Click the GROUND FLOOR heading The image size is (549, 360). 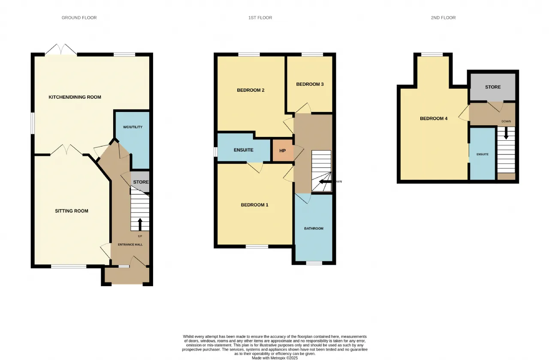(79, 18)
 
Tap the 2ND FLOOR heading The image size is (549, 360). (443, 18)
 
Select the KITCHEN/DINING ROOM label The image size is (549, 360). (75, 97)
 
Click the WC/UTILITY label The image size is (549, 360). (133, 127)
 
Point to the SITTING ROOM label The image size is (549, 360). (72, 211)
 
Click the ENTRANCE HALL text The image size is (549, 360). (130, 245)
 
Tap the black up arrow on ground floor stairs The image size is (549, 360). (140, 224)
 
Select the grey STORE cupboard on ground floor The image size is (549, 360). (140, 182)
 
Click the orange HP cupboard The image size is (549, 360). (283, 150)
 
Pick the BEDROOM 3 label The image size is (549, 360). (310, 85)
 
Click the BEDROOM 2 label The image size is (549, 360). (250, 90)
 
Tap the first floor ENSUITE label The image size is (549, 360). (243, 150)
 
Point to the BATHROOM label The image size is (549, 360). (314, 229)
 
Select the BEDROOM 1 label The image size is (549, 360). (254, 205)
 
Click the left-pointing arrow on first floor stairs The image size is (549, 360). (325, 182)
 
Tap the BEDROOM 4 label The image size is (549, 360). (434, 119)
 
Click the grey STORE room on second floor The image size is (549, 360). (493, 87)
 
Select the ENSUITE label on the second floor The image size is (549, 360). (483, 154)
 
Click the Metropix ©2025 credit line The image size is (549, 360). (275, 358)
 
